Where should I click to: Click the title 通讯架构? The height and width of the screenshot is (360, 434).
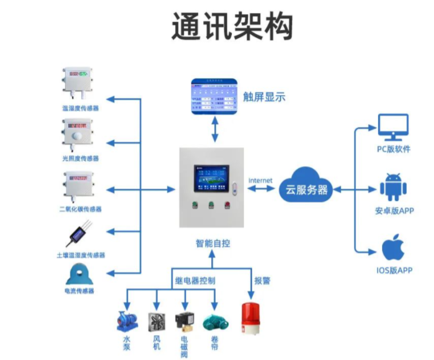click(x=232, y=26)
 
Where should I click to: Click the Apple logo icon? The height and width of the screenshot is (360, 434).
click(x=394, y=248)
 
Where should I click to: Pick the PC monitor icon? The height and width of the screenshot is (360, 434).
click(x=393, y=128)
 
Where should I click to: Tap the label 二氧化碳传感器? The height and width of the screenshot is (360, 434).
click(x=80, y=209)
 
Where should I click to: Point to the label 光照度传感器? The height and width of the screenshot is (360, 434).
click(x=80, y=158)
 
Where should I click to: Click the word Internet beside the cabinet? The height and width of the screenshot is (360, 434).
click(x=260, y=180)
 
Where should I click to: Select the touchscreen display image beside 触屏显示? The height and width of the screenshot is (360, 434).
click(x=214, y=97)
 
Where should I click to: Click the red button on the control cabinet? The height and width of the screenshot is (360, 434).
click(x=227, y=205)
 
